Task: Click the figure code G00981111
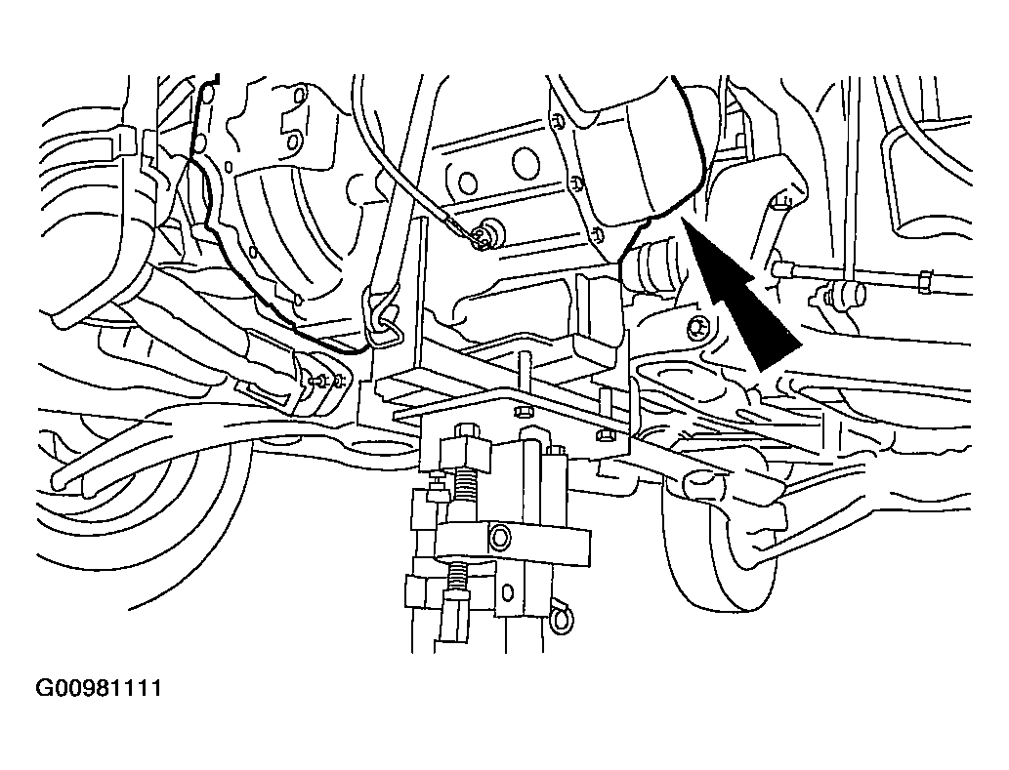(99, 689)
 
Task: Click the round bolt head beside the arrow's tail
(696, 329)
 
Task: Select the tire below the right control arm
(714, 547)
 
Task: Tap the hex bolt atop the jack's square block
(465, 429)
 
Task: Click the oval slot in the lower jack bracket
(508, 591)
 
